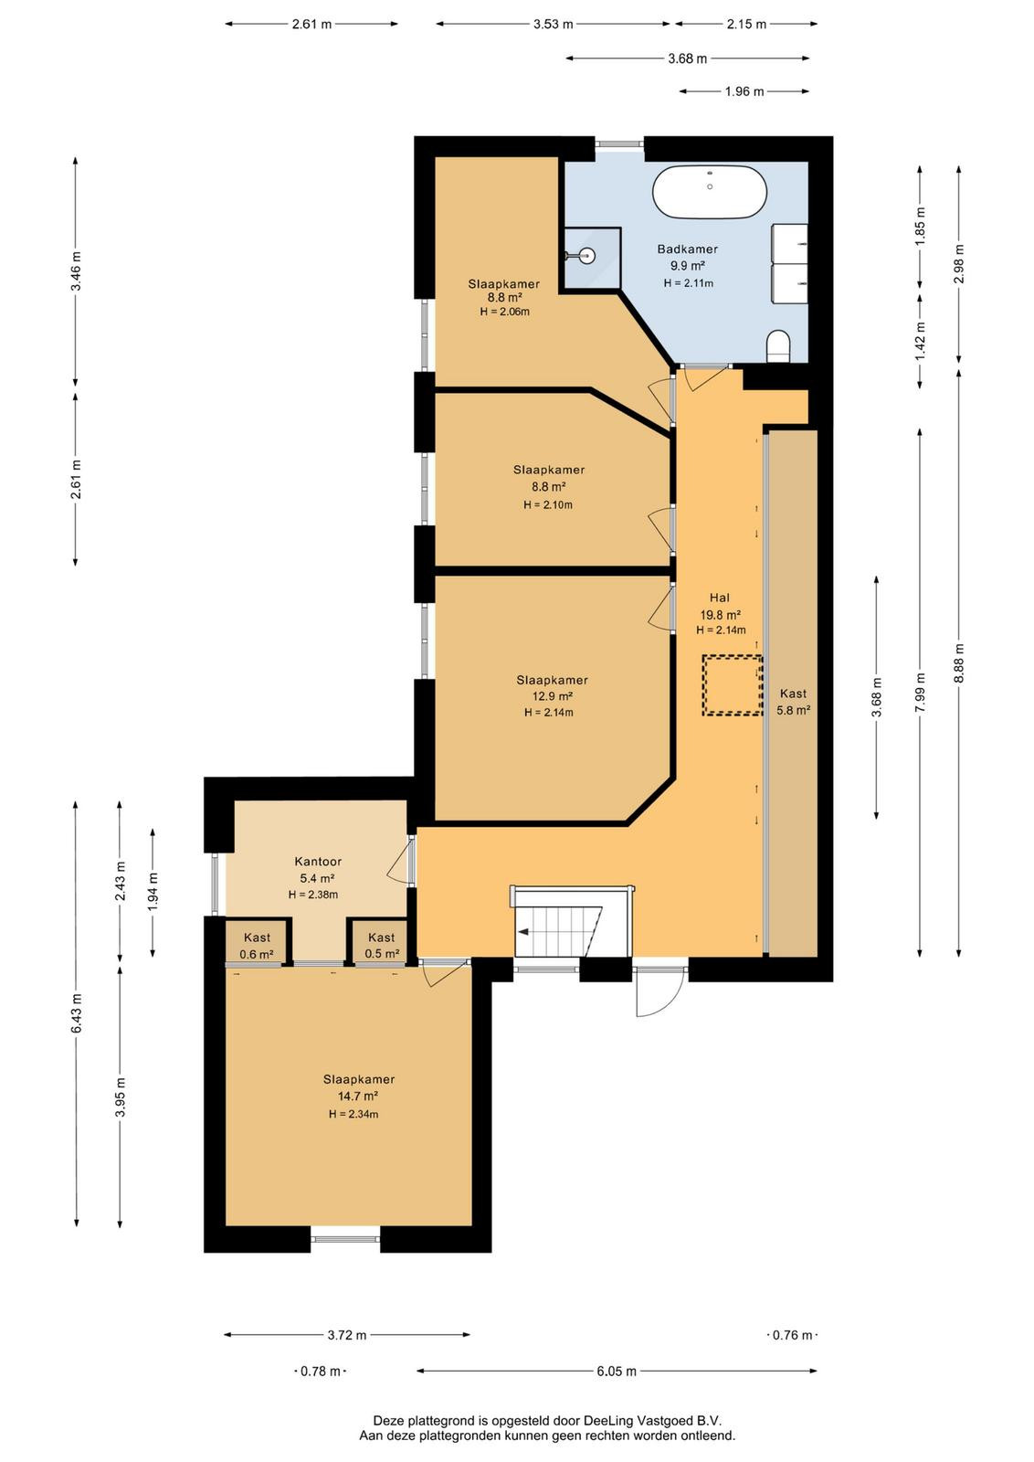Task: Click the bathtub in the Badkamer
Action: tap(709, 192)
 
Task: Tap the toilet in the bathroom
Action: tap(778, 345)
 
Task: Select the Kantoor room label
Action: tap(318, 862)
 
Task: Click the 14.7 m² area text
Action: tap(357, 1096)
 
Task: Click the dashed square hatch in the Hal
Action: tap(732, 684)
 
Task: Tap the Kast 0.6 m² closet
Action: tap(257, 941)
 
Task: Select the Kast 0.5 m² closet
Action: tap(381, 941)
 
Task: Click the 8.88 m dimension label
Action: tap(958, 662)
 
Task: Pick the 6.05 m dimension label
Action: tap(617, 1372)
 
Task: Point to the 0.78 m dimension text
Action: tap(321, 1372)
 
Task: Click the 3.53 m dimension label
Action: tap(554, 24)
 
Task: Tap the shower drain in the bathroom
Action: tap(587, 256)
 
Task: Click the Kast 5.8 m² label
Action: tap(793, 702)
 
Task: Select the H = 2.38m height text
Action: tap(313, 895)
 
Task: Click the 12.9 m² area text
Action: tap(553, 696)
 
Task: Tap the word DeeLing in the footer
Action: tap(607, 1421)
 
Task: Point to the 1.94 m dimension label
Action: tap(153, 892)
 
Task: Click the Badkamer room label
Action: tap(687, 249)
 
